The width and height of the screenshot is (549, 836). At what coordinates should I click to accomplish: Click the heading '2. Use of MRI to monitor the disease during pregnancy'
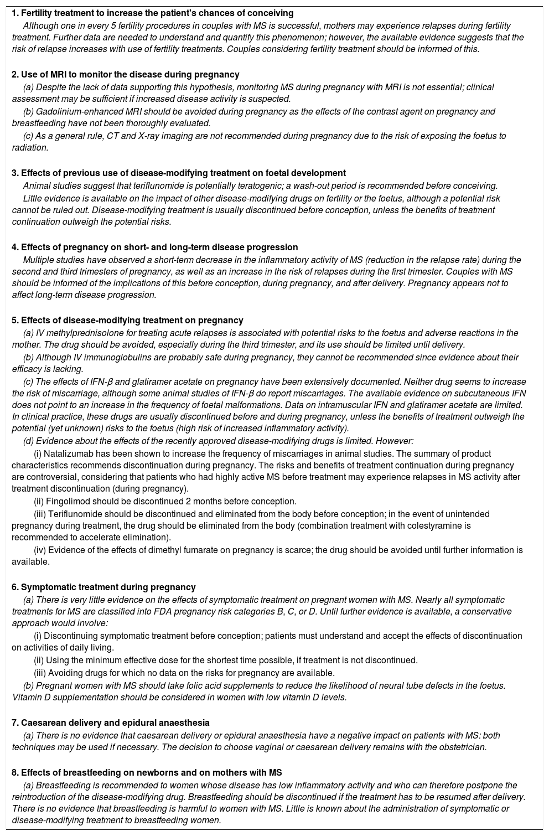coord(126,74)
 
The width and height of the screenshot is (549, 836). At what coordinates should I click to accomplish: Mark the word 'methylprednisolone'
coord(83,333)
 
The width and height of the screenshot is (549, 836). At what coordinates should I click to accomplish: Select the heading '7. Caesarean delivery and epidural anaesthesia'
coord(111,723)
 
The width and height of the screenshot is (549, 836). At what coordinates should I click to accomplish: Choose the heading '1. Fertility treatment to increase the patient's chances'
coord(153,13)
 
